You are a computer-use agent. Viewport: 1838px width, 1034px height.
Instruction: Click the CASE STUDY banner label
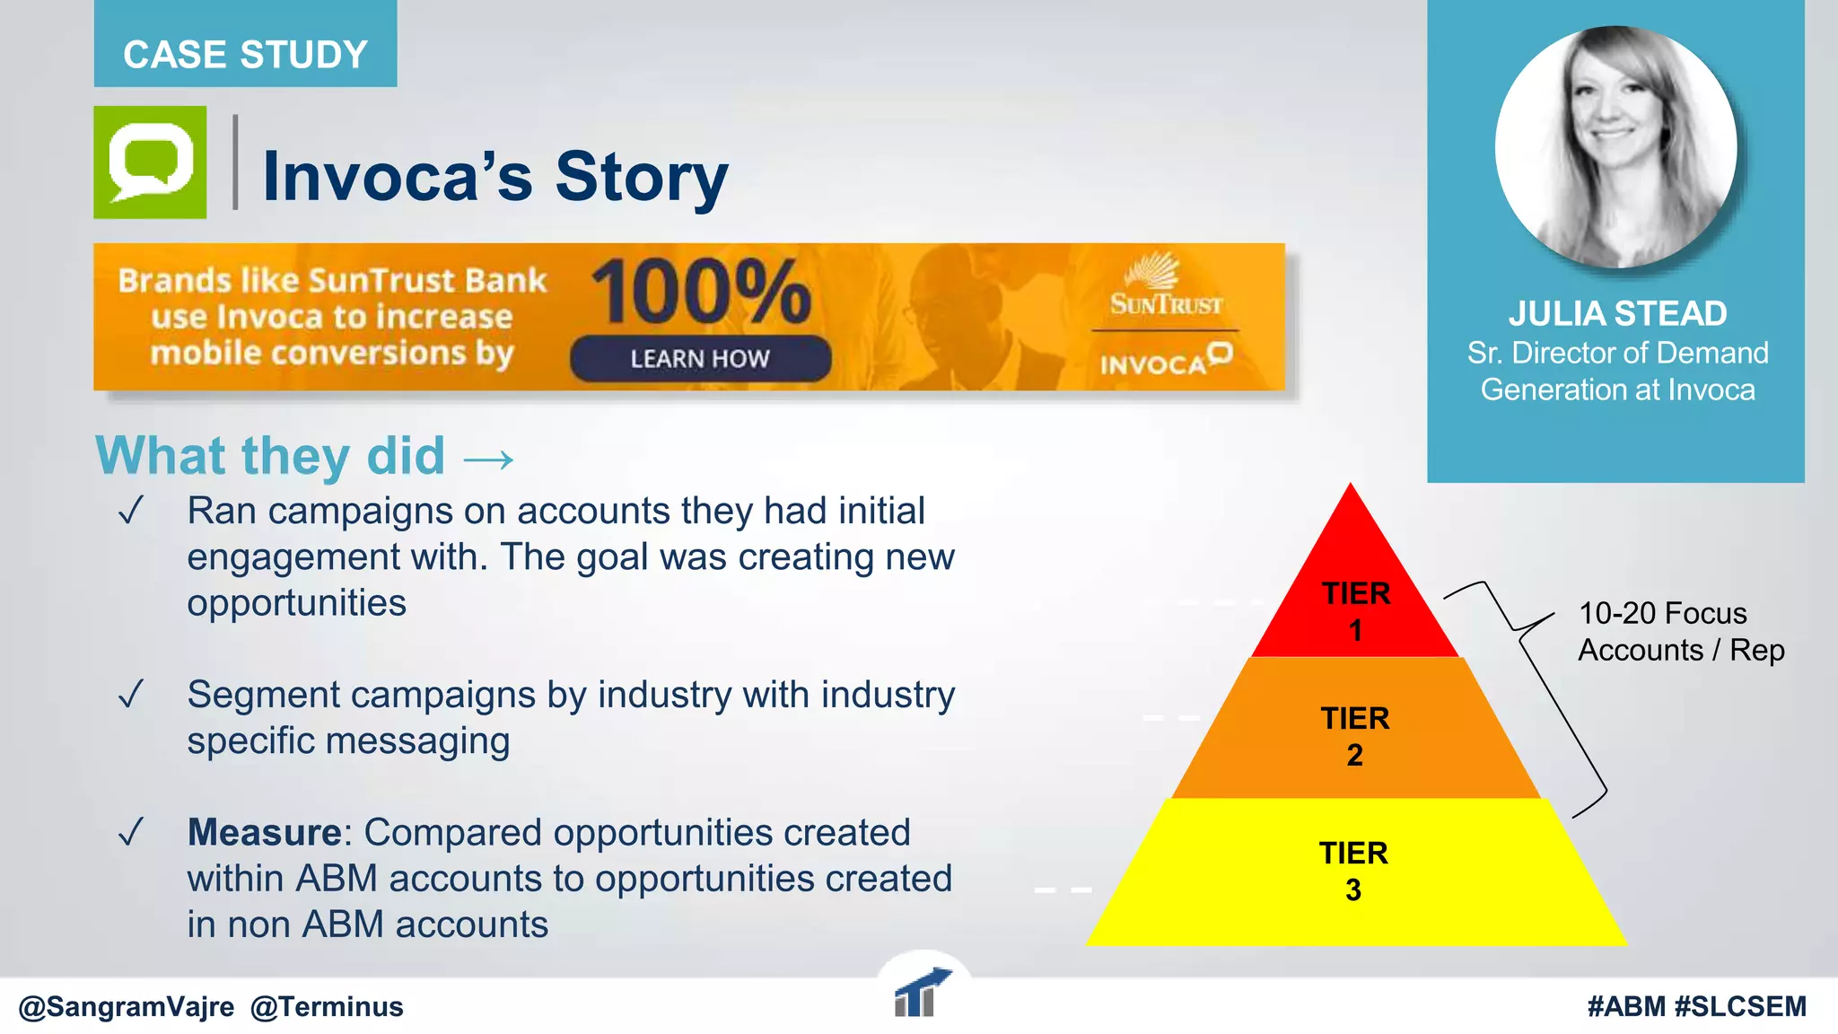pyautogui.click(x=245, y=54)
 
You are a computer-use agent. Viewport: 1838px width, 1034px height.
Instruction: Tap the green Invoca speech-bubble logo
pyautogui.click(x=150, y=162)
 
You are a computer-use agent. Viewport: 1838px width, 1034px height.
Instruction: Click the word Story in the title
pyautogui.click(x=641, y=176)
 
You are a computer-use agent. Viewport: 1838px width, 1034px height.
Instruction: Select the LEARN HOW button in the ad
pyautogui.click(x=700, y=358)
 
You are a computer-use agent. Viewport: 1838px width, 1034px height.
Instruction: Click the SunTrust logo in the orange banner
pyautogui.click(x=1165, y=285)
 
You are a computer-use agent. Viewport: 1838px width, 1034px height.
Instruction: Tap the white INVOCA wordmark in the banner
pyautogui.click(x=1165, y=361)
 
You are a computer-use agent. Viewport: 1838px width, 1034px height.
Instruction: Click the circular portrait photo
pyautogui.click(x=1615, y=147)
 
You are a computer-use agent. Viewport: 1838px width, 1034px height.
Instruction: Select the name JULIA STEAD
pyautogui.click(x=1617, y=313)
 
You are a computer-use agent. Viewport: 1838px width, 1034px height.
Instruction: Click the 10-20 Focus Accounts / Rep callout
pyautogui.click(x=1680, y=631)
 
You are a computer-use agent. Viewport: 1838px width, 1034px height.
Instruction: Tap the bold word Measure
pyautogui.click(x=264, y=832)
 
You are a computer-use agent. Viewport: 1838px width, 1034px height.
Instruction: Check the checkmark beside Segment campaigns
pyautogui.click(x=131, y=695)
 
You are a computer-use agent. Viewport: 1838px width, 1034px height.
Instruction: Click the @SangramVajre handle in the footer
pyautogui.click(x=126, y=1006)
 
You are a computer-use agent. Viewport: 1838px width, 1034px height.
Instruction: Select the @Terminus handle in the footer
pyautogui.click(x=327, y=1006)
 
